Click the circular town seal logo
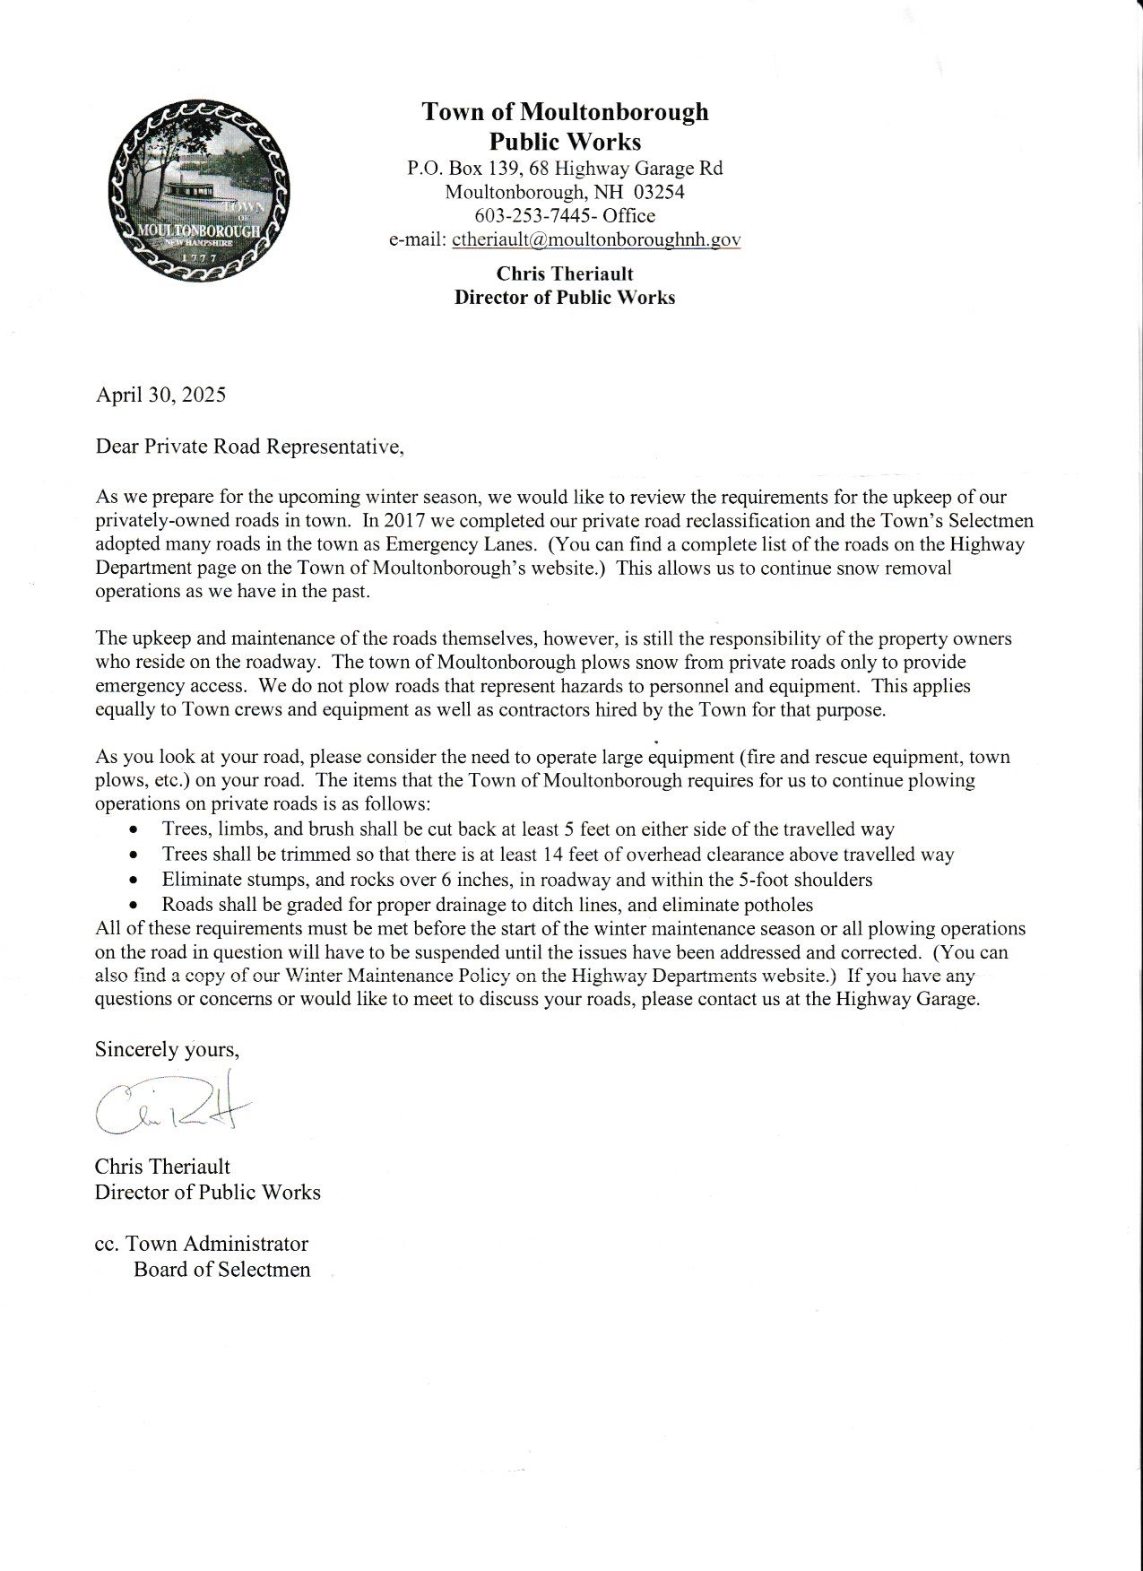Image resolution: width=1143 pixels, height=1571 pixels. tap(198, 191)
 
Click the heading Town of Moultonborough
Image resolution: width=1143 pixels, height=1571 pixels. tap(565, 112)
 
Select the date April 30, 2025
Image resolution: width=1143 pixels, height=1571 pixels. tap(160, 395)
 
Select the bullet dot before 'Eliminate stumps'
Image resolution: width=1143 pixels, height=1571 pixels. tap(134, 881)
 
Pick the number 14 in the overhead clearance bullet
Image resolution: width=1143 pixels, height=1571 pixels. tap(563, 855)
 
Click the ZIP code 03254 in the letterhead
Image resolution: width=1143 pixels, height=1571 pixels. tap(659, 192)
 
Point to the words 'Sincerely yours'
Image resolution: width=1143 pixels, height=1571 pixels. tap(167, 1050)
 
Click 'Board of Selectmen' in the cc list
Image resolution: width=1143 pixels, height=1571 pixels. tap(221, 1270)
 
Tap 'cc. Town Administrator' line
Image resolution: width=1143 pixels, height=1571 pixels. tap(202, 1244)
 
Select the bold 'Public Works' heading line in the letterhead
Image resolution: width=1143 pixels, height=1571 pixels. tap(565, 141)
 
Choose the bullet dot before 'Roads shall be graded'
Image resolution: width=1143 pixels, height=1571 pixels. tap(134, 906)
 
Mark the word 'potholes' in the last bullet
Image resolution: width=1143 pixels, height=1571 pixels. tap(778, 905)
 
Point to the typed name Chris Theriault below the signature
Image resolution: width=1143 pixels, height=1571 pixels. tap(162, 1167)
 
